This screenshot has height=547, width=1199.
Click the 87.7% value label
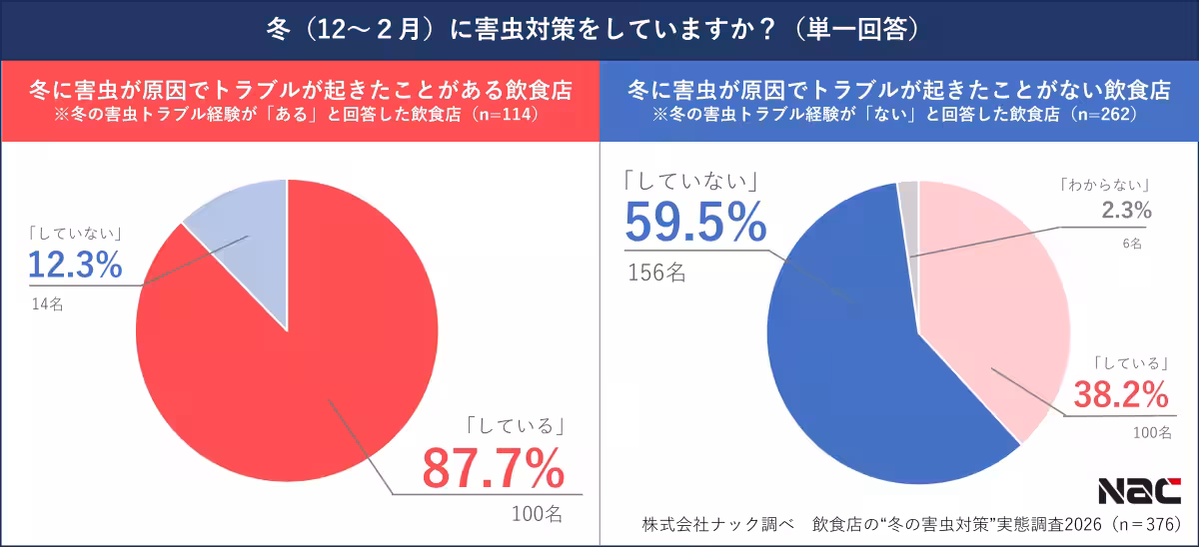[493, 467]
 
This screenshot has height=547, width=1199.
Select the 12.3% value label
[75, 265]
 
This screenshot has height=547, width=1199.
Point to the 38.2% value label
[1121, 395]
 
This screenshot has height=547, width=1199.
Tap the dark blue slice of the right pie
[849, 359]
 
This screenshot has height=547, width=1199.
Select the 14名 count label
[47, 304]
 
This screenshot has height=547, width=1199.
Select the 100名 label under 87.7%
[538, 514]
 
